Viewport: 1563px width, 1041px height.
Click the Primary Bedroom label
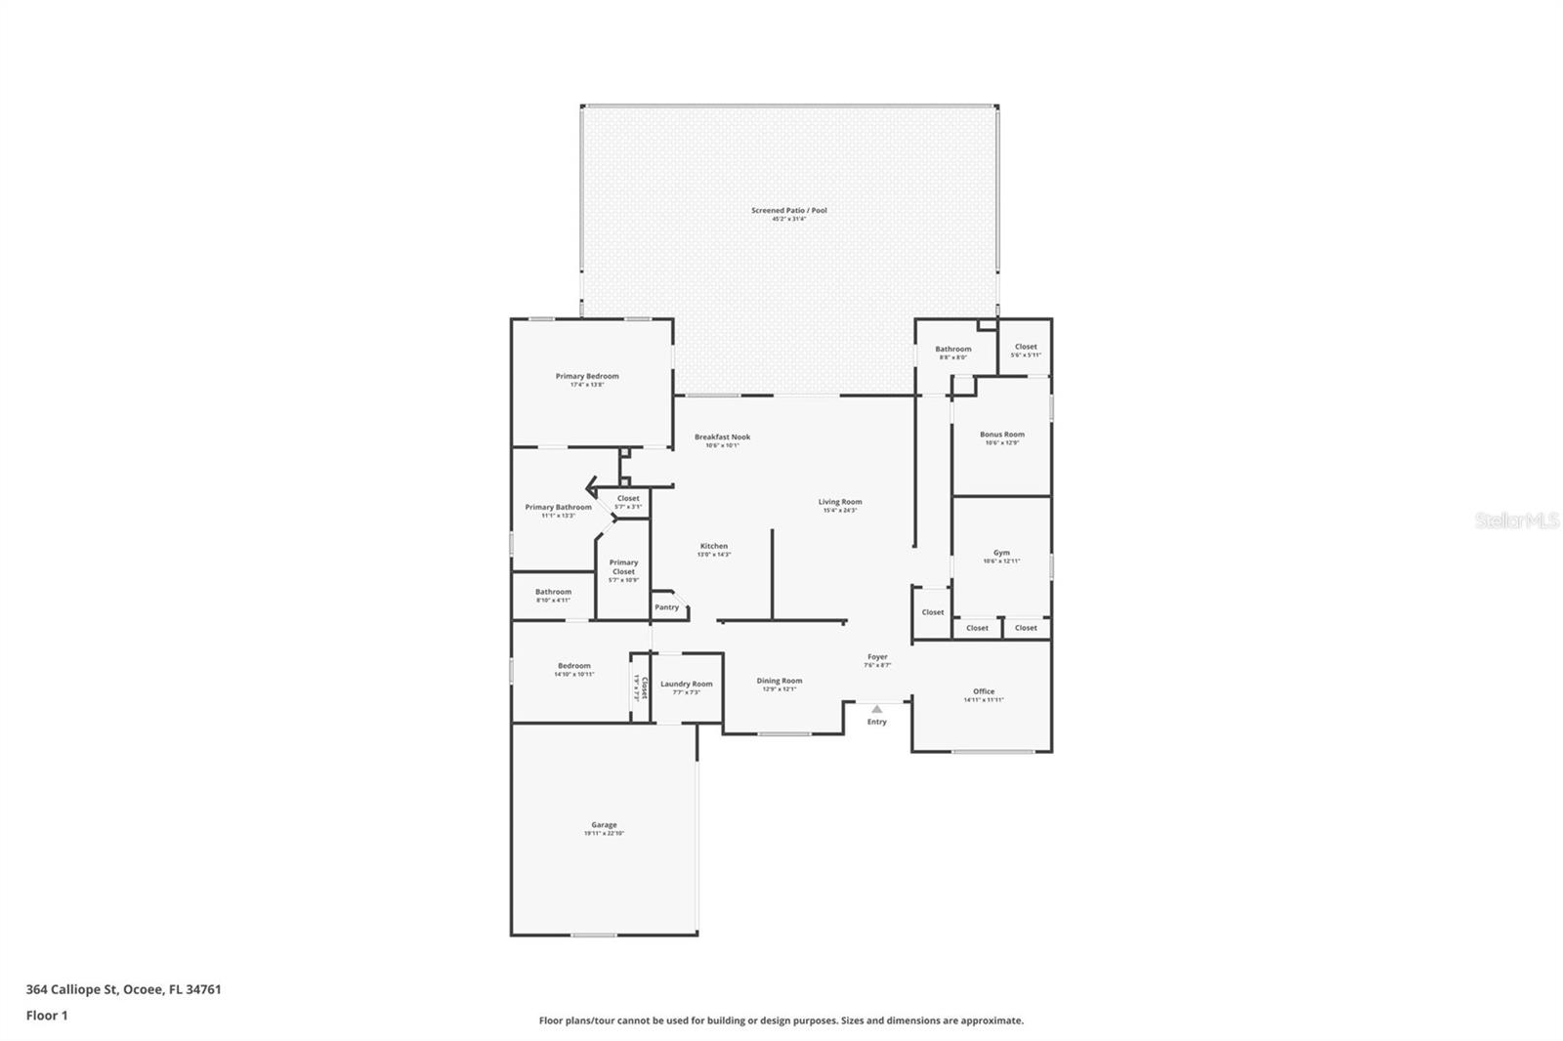tap(587, 376)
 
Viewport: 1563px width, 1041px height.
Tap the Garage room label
tap(604, 825)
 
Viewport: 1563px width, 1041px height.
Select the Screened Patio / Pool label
tap(789, 210)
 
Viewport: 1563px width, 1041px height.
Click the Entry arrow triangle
tap(877, 709)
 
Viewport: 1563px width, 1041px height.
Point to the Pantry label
tap(666, 607)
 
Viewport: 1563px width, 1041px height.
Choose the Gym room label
tap(1001, 553)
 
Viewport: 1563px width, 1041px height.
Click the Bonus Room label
tap(1001, 435)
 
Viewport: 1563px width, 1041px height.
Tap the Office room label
tap(984, 691)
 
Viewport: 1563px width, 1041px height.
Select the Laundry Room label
tap(686, 685)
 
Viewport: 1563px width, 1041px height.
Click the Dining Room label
tap(780, 681)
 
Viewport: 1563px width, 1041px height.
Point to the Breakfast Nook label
tap(722, 437)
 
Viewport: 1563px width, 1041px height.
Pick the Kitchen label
tap(713, 546)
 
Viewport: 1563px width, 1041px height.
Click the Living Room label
tap(840, 502)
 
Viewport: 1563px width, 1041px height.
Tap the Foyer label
tap(877, 657)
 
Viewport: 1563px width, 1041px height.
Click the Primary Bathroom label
tap(558, 507)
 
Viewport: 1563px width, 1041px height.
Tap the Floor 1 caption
tap(47, 1016)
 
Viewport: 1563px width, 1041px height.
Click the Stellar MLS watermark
tap(1516, 521)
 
